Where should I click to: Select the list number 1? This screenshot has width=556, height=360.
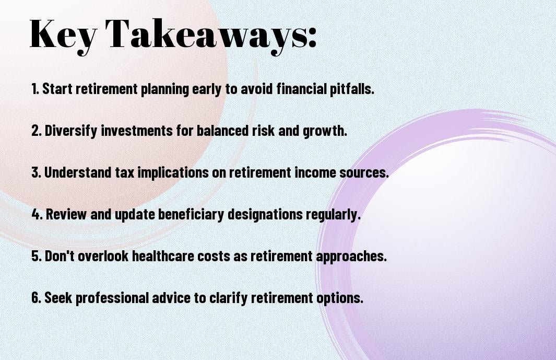35,89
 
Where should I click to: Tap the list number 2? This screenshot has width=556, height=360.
37,131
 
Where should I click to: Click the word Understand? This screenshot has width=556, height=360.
77,172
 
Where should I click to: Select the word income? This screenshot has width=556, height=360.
315,172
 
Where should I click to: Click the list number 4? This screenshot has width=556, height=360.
37,214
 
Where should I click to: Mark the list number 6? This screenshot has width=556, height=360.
37,297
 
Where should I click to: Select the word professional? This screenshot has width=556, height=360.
112,298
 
